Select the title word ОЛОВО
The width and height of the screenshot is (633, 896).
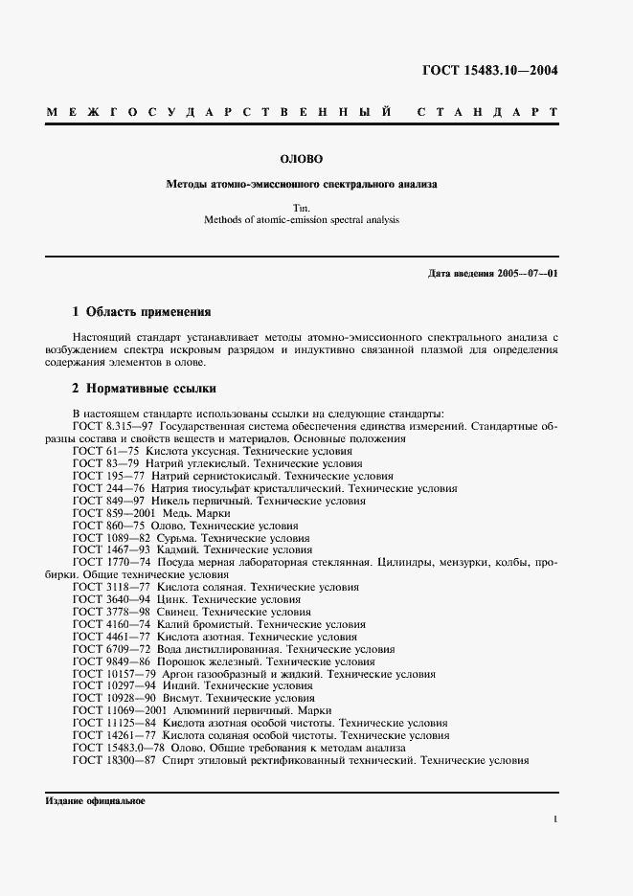pos(301,159)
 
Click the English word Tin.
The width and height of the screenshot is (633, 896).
pos(302,207)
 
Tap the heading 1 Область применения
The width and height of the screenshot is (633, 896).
pos(142,312)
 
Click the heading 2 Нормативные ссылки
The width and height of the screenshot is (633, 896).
pos(145,389)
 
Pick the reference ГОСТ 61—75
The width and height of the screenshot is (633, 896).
pos(101,450)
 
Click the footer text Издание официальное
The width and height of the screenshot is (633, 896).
pos(95,801)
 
